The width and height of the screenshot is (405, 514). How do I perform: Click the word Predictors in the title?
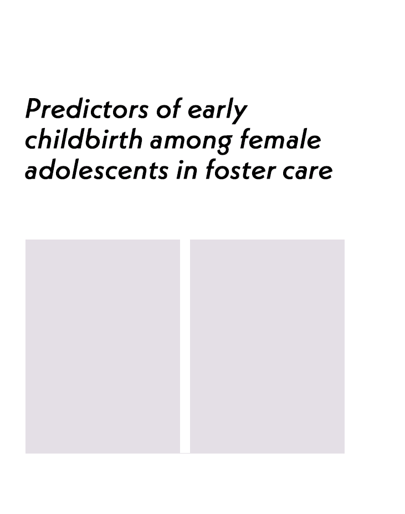click(87, 109)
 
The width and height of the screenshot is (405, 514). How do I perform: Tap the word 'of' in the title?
click(168, 109)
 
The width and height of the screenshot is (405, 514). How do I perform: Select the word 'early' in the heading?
click(217, 111)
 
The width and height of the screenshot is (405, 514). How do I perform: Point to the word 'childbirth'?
click(84, 139)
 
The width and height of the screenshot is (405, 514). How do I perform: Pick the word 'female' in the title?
click(280, 139)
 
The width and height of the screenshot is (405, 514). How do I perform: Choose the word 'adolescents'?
click(96, 170)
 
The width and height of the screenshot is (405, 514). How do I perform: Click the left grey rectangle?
click(102, 346)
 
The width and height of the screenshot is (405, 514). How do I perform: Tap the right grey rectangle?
click(267, 346)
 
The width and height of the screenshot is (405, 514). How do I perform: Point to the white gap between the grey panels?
click(185, 346)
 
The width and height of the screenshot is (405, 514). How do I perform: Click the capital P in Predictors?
click(33, 108)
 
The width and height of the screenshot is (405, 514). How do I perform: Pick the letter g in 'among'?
click(224, 144)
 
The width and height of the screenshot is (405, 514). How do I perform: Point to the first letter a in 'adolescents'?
click(33, 173)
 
